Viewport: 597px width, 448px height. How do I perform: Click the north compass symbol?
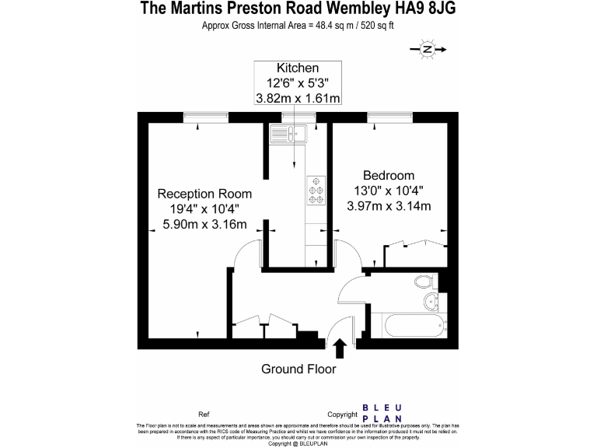pyautogui.click(x=428, y=50)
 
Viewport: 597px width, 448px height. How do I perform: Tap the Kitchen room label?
pyautogui.click(x=298, y=68)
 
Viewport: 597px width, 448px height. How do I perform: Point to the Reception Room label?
pyautogui.click(x=204, y=194)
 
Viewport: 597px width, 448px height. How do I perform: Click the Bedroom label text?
pyautogui.click(x=389, y=175)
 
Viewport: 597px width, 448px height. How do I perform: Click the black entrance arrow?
pyautogui.click(x=340, y=346)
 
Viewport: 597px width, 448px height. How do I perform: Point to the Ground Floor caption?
pyautogui.click(x=298, y=369)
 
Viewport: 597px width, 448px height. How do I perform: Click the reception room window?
pyautogui.click(x=207, y=117)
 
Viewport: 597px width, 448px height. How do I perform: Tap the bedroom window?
pyautogui.click(x=389, y=117)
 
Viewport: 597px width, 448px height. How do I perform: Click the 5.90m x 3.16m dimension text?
pyautogui.click(x=204, y=225)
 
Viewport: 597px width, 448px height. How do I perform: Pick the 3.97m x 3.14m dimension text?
pyautogui.click(x=389, y=205)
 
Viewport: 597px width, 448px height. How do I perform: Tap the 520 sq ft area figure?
pyautogui.click(x=375, y=26)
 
